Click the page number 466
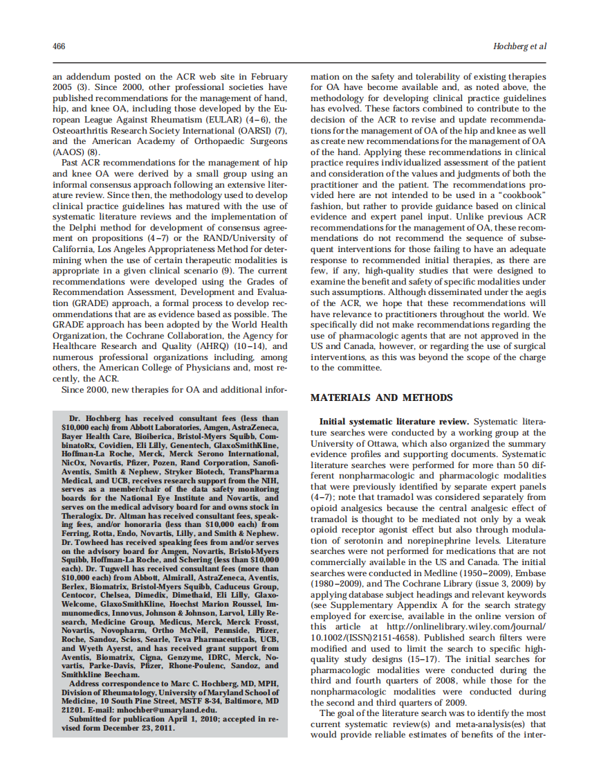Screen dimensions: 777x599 [59, 46]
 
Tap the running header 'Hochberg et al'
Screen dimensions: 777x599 [519, 46]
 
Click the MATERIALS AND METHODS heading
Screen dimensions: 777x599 [381, 398]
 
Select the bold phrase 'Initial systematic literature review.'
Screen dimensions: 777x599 [394, 421]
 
